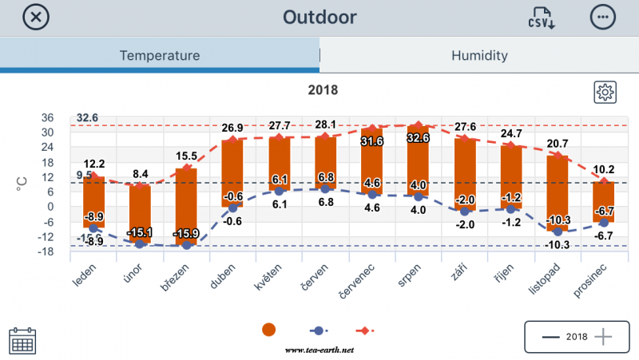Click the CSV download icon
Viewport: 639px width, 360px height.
point(541,18)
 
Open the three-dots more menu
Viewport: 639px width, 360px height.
point(603,17)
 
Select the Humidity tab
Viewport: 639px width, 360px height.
point(479,56)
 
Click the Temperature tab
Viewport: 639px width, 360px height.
point(160,56)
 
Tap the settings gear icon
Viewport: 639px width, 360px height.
point(605,92)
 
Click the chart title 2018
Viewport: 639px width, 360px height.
point(323,90)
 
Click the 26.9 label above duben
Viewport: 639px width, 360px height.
point(232,128)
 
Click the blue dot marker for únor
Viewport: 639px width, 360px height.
point(140,243)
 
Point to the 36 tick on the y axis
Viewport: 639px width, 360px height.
point(48,117)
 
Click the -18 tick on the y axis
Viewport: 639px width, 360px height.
point(46,251)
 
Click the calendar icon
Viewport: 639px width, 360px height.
point(22,341)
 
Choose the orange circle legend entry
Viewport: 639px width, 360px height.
point(269,330)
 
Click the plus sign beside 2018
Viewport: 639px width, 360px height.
point(603,336)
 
